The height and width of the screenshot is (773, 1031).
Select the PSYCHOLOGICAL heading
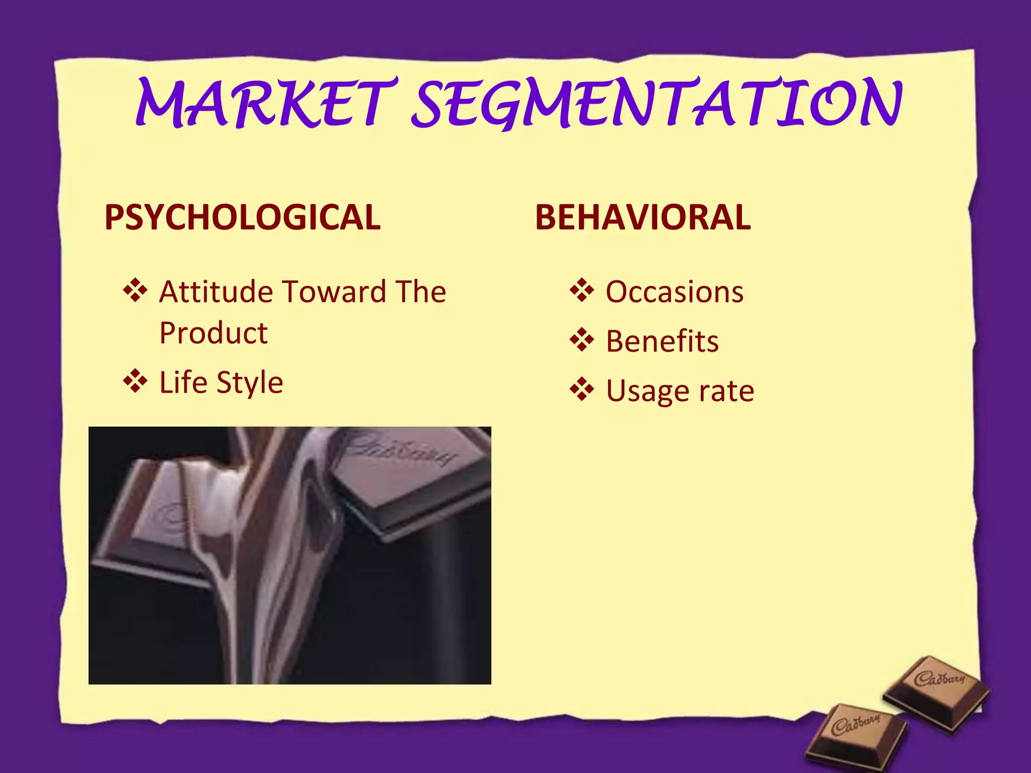pos(242,217)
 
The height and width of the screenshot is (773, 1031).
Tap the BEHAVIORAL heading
pos(642,217)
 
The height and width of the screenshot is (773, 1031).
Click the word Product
pos(213,333)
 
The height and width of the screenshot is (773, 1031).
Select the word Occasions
pos(675,292)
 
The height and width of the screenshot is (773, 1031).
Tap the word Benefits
pos(662,341)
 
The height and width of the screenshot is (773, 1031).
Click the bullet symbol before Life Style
pos(135,381)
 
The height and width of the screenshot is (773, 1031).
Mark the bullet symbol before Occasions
pos(582,290)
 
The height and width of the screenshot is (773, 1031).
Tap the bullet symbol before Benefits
pos(582,340)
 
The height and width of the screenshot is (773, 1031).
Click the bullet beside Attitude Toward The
pos(135,290)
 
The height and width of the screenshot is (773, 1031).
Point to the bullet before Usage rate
pos(582,390)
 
